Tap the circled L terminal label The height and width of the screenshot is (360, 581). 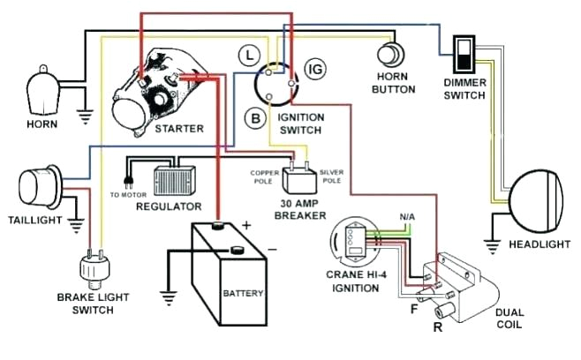click(252, 55)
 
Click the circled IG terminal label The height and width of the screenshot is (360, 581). click(313, 69)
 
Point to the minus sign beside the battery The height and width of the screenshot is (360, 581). click(271, 249)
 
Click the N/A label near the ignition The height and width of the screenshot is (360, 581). click(406, 216)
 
